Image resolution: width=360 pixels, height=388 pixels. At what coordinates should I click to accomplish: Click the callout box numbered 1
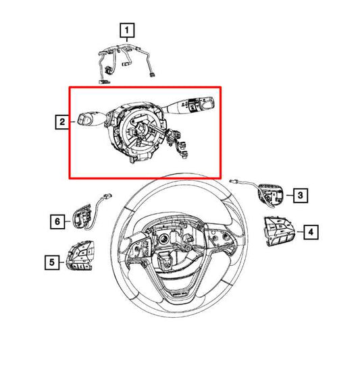(x=127, y=30)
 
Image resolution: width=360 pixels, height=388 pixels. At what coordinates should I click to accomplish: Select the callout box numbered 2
(x=62, y=121)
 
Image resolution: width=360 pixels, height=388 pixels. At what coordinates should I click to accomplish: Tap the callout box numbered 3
(x=301, y=195)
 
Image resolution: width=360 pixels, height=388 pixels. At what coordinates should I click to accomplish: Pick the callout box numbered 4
(x=311, y=232)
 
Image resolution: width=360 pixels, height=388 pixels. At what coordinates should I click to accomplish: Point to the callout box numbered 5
(x=52, y=262)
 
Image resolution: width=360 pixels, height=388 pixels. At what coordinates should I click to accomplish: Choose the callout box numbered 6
(x=57, y=221)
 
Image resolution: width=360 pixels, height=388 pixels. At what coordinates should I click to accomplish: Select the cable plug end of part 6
(x=107, y=196)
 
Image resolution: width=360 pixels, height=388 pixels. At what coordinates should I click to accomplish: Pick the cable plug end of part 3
(x=233, y=181)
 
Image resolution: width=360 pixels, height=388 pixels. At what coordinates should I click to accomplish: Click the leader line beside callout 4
(x=300, y=232)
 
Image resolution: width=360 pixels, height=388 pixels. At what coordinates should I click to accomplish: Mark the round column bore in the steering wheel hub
(x=163, y=239)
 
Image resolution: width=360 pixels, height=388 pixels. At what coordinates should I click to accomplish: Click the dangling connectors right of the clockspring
(x=179, y=144)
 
